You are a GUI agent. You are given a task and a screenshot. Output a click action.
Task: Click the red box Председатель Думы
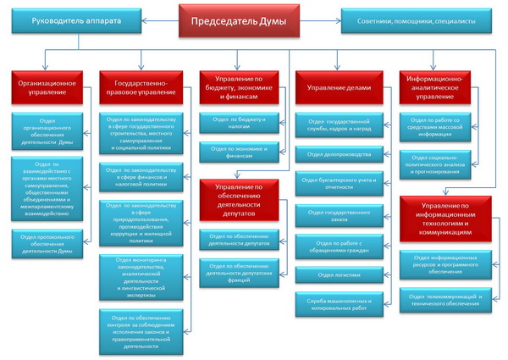click(240, 20)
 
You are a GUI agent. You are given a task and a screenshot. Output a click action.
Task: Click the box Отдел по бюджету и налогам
click(240, 123)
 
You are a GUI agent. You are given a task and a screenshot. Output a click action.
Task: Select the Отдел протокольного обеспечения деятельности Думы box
click(48, 244)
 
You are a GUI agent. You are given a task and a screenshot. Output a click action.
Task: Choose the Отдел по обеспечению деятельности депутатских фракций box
click(240, 272)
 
